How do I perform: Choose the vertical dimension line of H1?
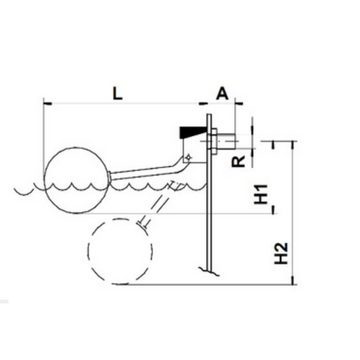pos(270,180)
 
